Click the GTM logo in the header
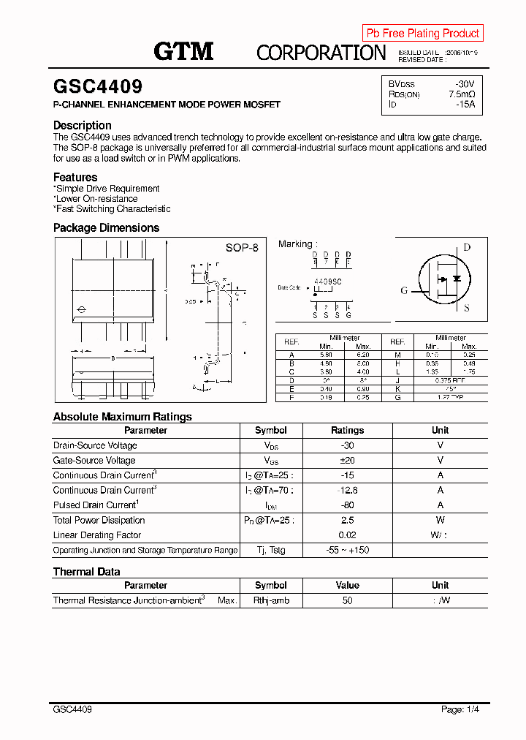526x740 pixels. [x=183, y=50]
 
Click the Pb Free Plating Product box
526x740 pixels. [x=422, y=33]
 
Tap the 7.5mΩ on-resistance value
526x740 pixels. [x=462, y=94]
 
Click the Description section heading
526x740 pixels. [x=83, y=125]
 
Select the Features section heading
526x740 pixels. [x=75, y=177]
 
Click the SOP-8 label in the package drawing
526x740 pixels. [x=242, y=248]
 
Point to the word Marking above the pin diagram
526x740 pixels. [x=296, y=244]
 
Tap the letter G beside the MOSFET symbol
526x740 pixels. [x=404, y=290]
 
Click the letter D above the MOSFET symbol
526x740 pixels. [x=467, y=247]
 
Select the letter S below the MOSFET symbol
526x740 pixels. [x=467, y=308]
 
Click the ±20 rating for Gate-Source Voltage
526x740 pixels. [x=347, y=461]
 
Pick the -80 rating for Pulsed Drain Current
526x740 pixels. [x=347, y=505]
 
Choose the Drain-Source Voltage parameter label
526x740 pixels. [x=95, y=445]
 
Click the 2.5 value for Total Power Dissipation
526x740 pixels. [x=347, y=521]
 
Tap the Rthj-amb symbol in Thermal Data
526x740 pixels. [x=271, y=600]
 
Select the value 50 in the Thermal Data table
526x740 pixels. [x=347, y=600]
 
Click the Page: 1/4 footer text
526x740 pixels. [x=460, y=709]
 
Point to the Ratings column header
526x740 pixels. [x=347, y=431]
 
